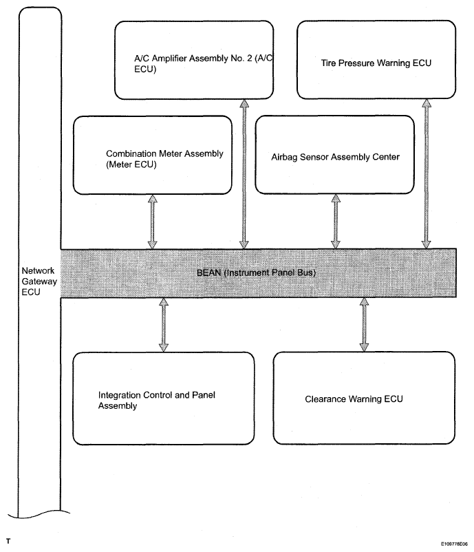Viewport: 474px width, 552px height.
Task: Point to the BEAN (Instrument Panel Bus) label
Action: click(x=256, y=273)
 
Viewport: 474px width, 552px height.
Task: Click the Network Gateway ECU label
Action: click(x=39, y=281)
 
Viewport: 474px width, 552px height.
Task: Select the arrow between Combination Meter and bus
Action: click(x=152, y=222)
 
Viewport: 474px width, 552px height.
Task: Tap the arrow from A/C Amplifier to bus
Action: click(x=244, y=174)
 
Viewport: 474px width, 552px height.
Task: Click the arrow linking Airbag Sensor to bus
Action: click(x=336, y=222)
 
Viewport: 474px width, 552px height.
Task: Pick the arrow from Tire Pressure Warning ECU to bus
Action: click(x=427, y=173)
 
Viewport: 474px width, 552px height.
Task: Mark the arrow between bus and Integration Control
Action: click(x=163, y=325)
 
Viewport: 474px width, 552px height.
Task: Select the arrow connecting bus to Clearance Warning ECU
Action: click(x=364, y=324)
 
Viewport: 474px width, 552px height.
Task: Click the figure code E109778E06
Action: click(x=454, y=544)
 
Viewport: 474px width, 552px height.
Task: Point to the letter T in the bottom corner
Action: click(x=8, y=541)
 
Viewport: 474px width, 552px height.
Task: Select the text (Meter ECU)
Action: click(x=131, y=164)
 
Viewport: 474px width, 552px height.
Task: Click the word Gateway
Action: click(x=39, y=282)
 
